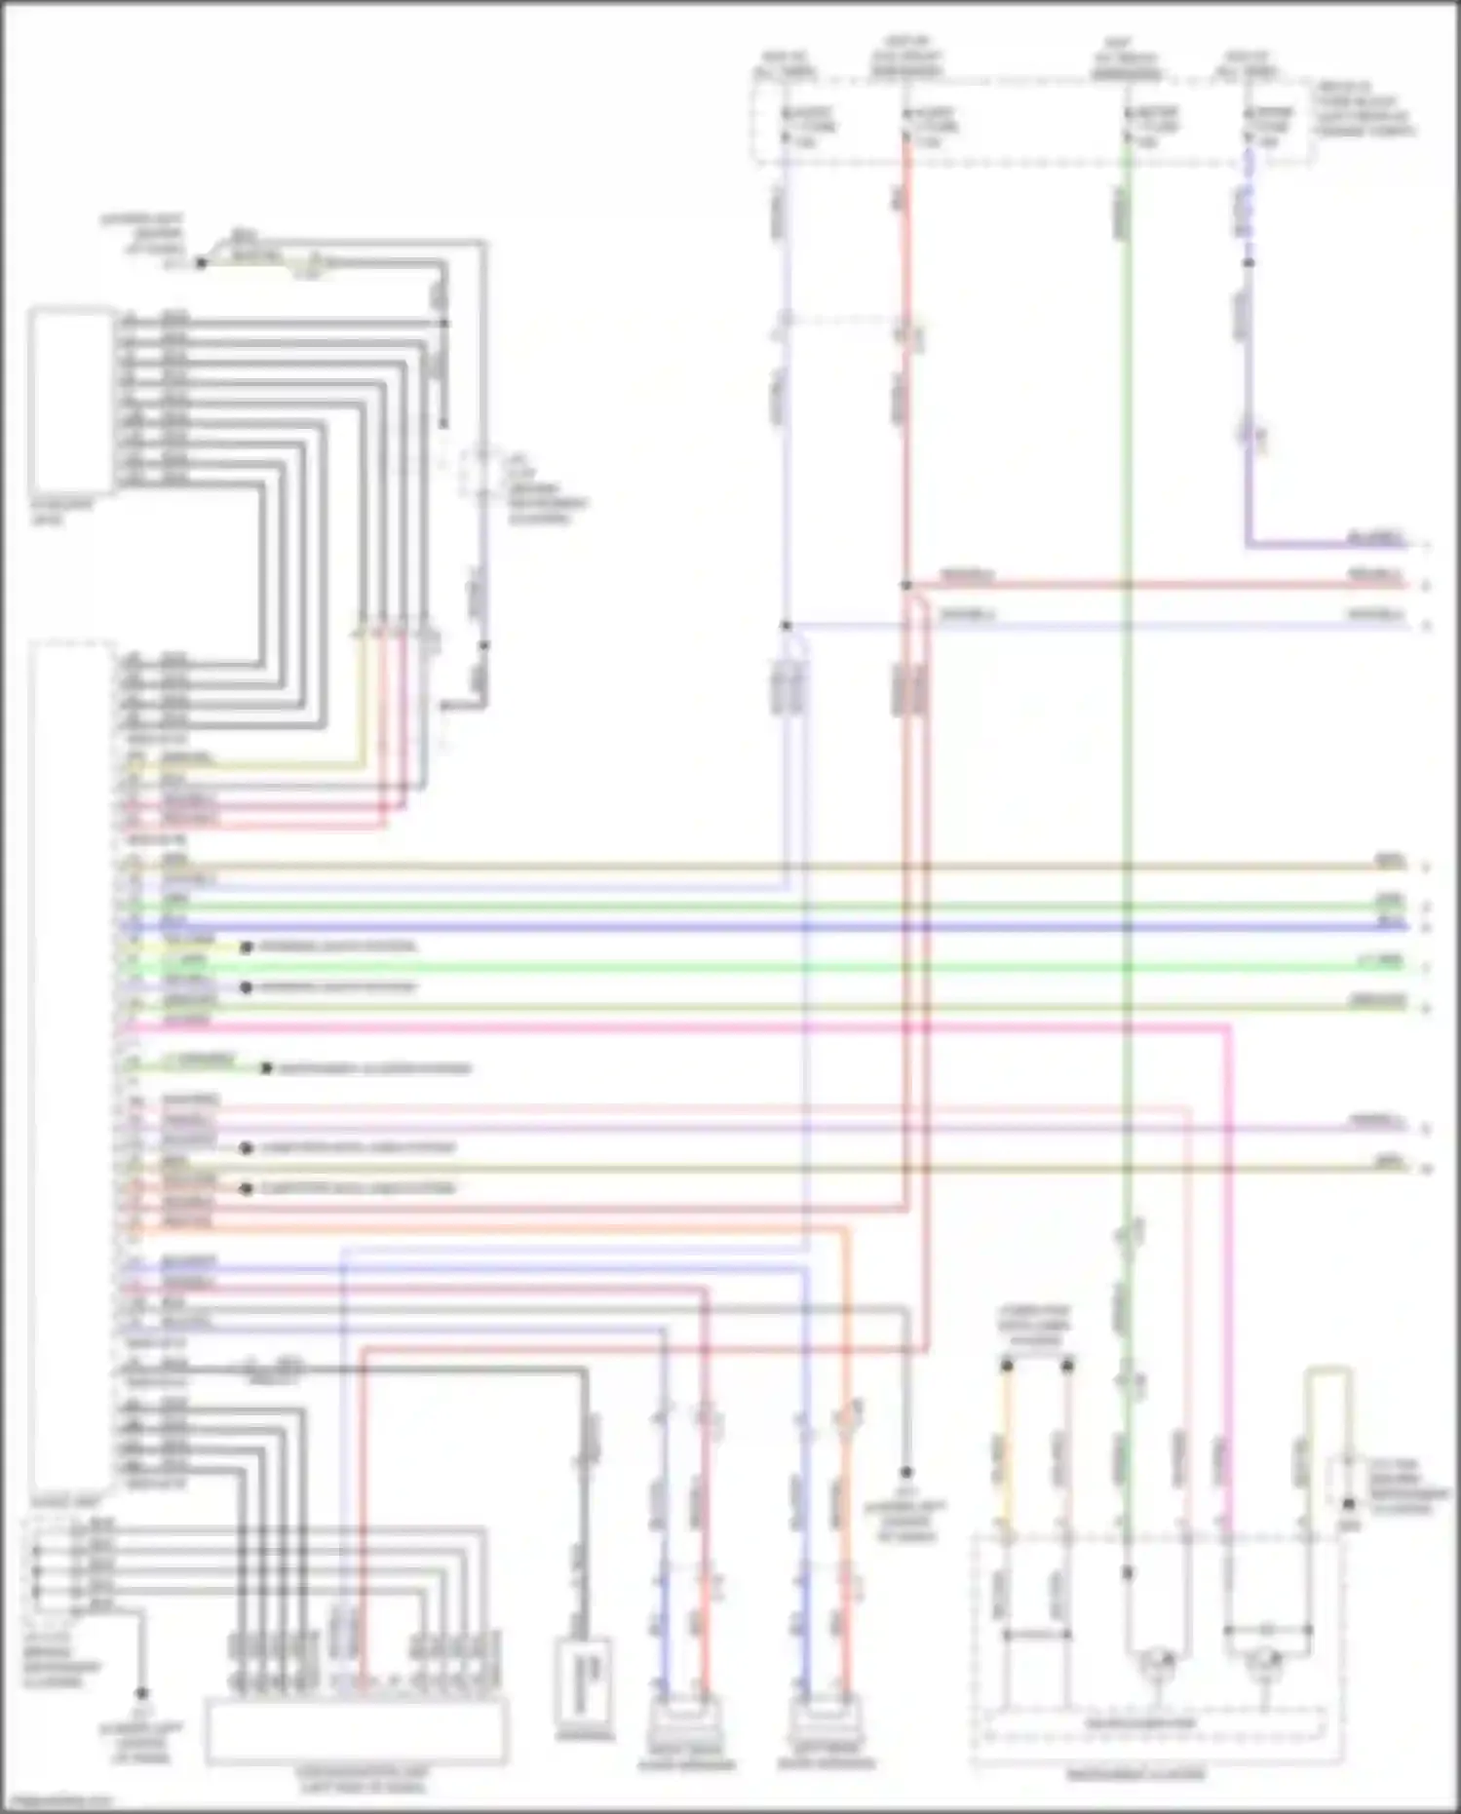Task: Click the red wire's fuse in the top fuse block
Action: (x=907, y=127)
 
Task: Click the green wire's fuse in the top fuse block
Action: (x=1128, y=127)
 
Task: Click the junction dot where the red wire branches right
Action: (x=906, y=586)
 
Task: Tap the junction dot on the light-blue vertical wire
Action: (x=786, y=625)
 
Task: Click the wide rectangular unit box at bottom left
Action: (x=356, y=1730)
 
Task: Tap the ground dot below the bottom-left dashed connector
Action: (x=141, y=1694)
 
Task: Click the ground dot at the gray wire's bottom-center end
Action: (x=906, y=1472)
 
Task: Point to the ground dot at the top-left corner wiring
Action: (x=201, y=263)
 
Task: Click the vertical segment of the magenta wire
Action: (x=1228, y=1267)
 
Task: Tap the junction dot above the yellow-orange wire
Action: (x=1007, y=1366)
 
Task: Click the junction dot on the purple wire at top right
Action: (x=1249, y=263)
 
